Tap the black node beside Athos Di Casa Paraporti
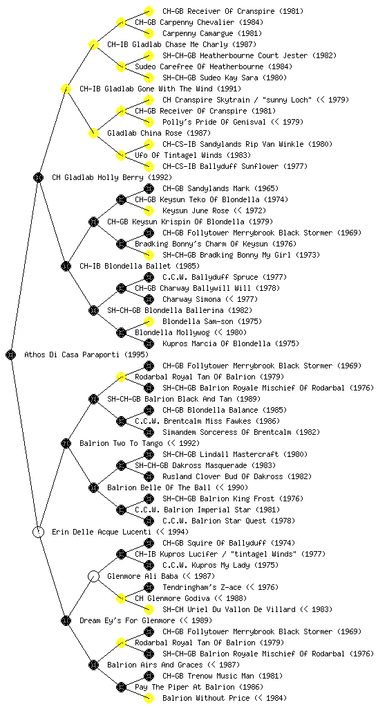[x=11, y=354]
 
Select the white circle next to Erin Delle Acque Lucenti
[x=39, y=532]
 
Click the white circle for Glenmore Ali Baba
[x=93, y=576]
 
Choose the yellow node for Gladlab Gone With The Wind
[x=66, y=89]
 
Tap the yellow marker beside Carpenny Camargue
[x=149, y=33]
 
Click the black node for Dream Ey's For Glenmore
[x=66, y=620]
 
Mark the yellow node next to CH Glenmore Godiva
[x=121, y=598]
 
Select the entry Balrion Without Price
[x=206, y=698]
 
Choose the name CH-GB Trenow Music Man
[x=209, y=676]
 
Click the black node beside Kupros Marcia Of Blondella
[x=149, y=343]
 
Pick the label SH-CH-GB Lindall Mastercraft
[x=220, y=454]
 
